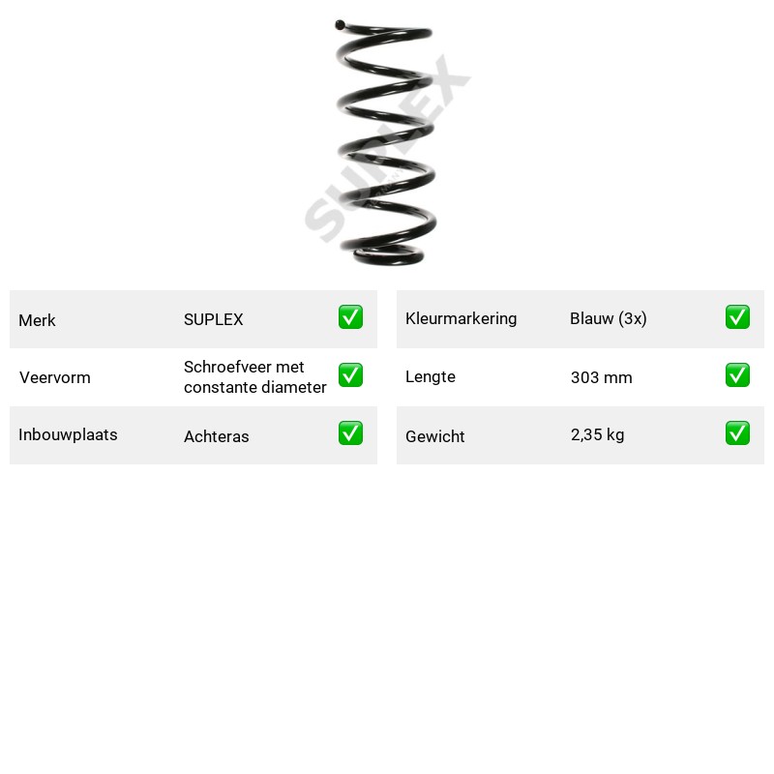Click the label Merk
pyautogui.click(x=37, y=320)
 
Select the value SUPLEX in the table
pyautogui.click(x=213, y=319)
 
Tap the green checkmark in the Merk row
pyautogui.click(x=350, y=317)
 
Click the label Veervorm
pyautogui.click(x=55, y=377)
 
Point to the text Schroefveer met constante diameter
pyautogui.click(x=254, y=377)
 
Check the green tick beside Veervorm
pyautogui.click(x=350, y=375)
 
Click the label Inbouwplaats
pyautogui.click(x=68, y=434)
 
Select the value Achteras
pyautogui.click(x=216, y=436)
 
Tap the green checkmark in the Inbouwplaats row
pyautogui.click(x=350, y=432)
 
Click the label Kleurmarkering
pyautogui.click(x=461, y=318)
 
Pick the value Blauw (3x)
pyautogui.click(x=609, y=318)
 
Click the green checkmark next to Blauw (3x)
pyautogui.click(x=737, y=317)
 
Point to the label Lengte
pyautogui.click(x=431, y=376)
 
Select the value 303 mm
pyautogui.click(x=601, y=377)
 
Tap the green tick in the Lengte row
pyautogui.click(x=737, y=375)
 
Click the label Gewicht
pyautogui.click(x=434, y=436)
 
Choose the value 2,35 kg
pyautogui.click(x=597, y=434)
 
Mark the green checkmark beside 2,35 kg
pyautogui.click(x=737, y=432)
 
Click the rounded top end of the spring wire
pyautogui.click(x=340, y=24)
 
